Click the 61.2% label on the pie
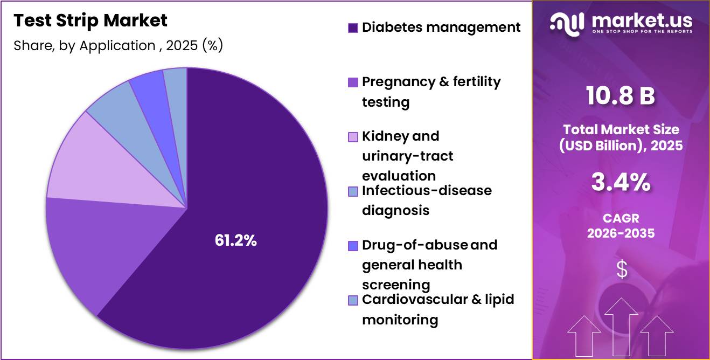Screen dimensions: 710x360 point(235,240)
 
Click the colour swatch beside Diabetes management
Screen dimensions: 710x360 point(353,28)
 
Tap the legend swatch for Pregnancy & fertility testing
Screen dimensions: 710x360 point(353,82)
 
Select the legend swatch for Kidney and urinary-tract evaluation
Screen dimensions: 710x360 point(353,137)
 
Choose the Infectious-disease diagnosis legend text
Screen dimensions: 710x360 point(427,200)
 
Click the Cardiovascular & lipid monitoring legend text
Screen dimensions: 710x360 point(438,309)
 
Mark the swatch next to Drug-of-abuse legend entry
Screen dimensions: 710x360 point(353,246)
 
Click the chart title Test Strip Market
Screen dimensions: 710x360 point(91,21)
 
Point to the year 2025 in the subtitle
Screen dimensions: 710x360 point(182,45)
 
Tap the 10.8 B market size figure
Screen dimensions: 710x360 point(620,95)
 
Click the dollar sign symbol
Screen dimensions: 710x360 point(622,269)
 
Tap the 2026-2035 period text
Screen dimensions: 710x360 point(621,233)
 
